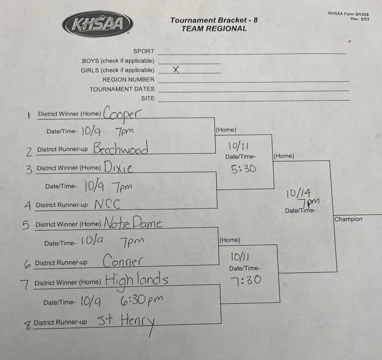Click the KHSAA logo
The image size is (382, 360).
pyautogui.click(x=97, y=24)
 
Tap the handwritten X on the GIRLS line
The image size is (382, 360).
pyautogui.click(x=176, y=70)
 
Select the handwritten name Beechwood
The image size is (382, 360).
pyautogui.click(x=121, y=147)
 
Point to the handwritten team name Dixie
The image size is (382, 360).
pyautogui.click(x=119, y=167)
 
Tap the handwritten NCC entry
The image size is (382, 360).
pyautogui.click(x=107, y=204)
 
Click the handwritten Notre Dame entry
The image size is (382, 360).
pyautogui.click(x=133, y=222)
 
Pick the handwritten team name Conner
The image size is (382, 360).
pyautogui.click(x=123, y=261)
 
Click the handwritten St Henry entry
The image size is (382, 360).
pyautogui.click(x=126, y=322)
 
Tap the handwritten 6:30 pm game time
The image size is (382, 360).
pyautogui.click(x=142, y=300)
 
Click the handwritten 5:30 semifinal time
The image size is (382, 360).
pyautogui.click(x=243, y=168)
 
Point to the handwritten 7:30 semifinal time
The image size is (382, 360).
pyautogui.click(x=246, y=280)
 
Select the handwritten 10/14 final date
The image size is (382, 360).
pyautogui.click(x=298, y=193)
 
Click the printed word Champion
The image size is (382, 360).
pyautogui.click(x=348, y=219)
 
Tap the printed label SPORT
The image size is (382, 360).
pyautogui.click(x=143, y=51)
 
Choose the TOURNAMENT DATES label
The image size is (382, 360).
pyautogui.click(x=122, y=89)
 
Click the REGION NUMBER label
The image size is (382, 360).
pyautogui.click(x=129, y=80)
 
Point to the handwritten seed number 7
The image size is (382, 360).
pyautogui.click(x=24, y=284)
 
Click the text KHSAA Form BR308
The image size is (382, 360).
pyautogui.click(x=348, y=13)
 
